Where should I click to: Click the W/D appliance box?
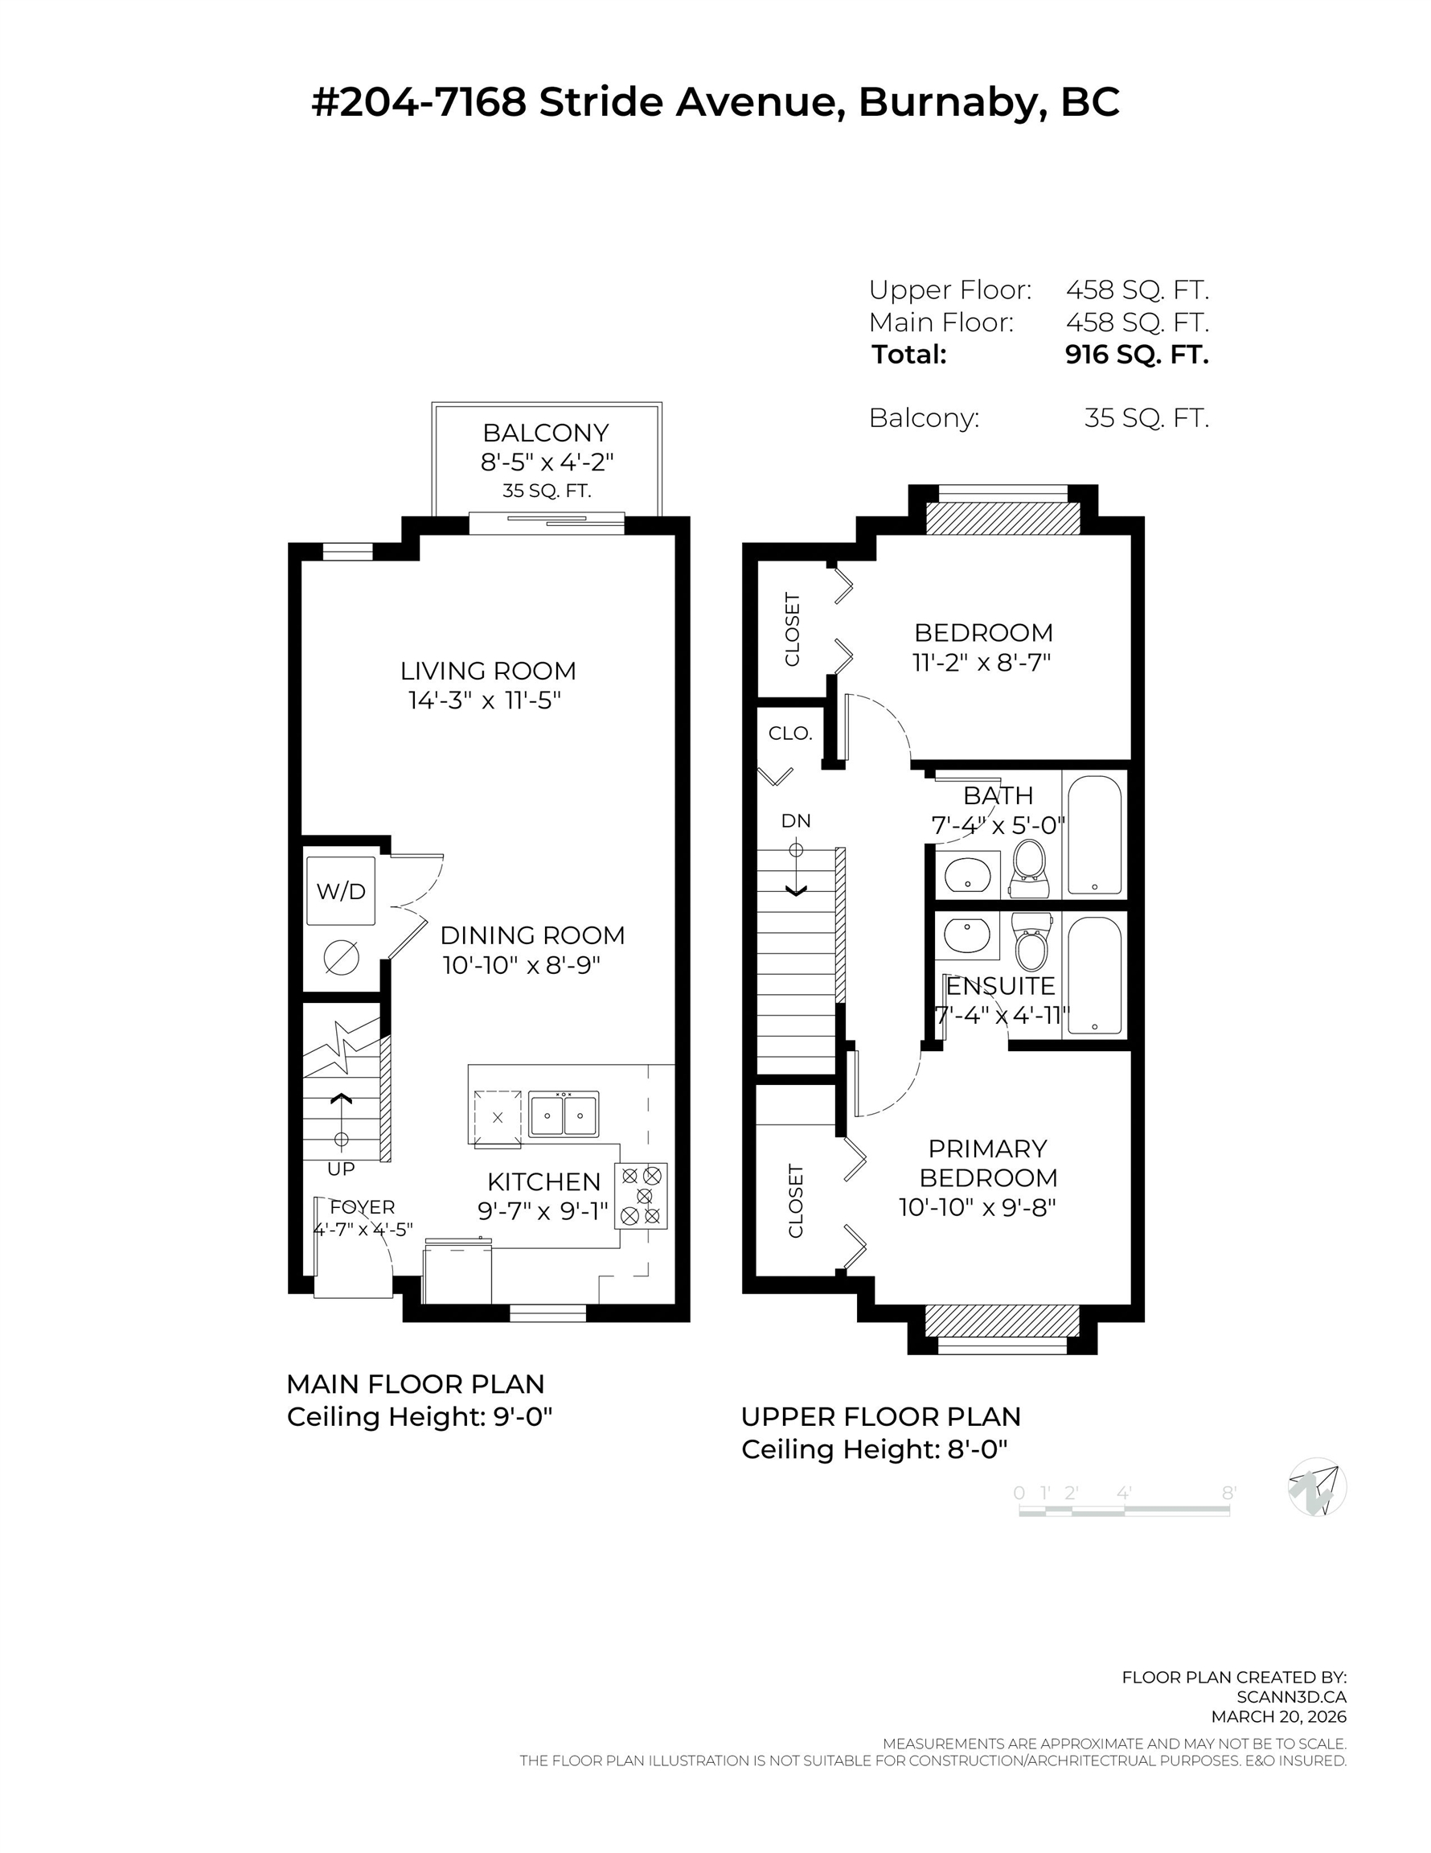pos(340,891)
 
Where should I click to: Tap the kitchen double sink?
pos(564,1114)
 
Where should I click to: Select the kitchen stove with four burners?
pos(642,1195)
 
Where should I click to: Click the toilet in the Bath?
pos(1031,867)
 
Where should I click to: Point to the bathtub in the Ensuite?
pos(1094,976)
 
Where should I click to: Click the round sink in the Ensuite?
pos(966,937)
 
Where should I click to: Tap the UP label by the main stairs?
pos(341,1169)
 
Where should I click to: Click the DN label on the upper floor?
pos(796,820)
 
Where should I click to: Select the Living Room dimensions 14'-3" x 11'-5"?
pos(486,701)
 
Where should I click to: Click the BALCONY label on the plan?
pos(545,433)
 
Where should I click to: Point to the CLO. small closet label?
pos(790,733)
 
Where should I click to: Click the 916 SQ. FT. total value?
pos(1137,354)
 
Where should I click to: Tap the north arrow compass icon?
pos(1317,1485)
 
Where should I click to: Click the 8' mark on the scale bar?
pos(1228,1493)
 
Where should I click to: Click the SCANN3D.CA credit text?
pos(1291,1697)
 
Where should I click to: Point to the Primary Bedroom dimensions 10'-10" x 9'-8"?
pos(978,1207)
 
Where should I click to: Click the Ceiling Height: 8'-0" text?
pos(874,1449)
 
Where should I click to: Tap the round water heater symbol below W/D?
pos(341,958)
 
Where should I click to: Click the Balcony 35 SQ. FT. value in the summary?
pos(1146,417)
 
